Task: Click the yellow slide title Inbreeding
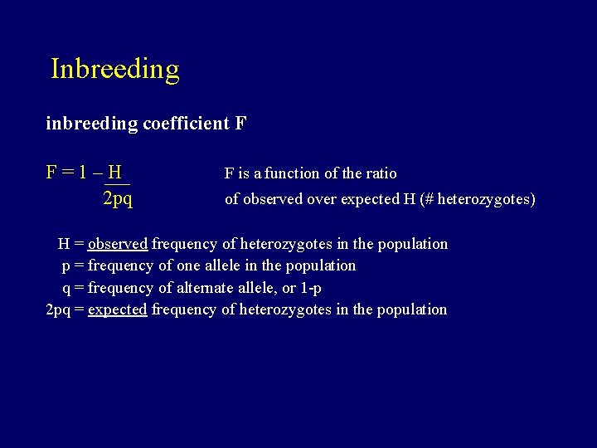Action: click(114, 69)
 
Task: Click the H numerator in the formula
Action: click(115, 173)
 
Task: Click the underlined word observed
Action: click(118, 244)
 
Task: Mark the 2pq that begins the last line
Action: click(58, 310)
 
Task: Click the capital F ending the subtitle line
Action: click(240, 124)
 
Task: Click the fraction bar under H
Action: click(117, 183)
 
